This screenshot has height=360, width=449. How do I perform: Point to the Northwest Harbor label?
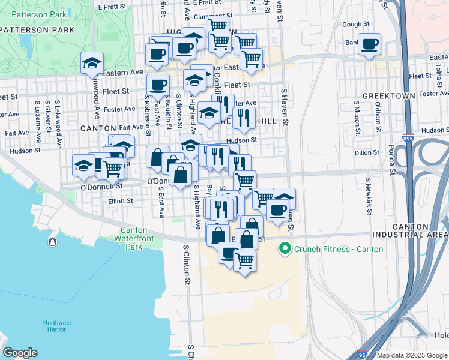[x=58, y=326]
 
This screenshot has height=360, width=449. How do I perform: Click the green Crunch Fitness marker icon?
[x=286, y=248]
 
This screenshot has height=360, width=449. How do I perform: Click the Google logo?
[x=20, y=353]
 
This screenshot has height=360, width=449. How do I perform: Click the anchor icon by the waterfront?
[x=53, y=242]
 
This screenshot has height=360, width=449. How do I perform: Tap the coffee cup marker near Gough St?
[x=370, y=44]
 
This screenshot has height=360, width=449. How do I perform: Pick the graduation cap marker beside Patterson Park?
[x=92, y=62]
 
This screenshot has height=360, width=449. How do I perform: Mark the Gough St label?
[x=355, y=25]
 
